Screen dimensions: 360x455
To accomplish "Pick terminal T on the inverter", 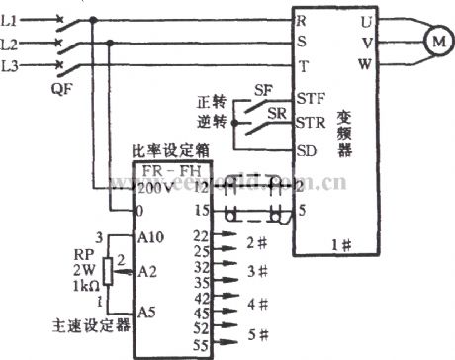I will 301,64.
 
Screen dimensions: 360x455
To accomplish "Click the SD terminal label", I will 307,151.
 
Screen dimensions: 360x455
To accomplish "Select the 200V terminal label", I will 152,186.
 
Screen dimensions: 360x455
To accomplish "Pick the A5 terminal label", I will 145,312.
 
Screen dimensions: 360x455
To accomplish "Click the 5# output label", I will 258,335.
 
